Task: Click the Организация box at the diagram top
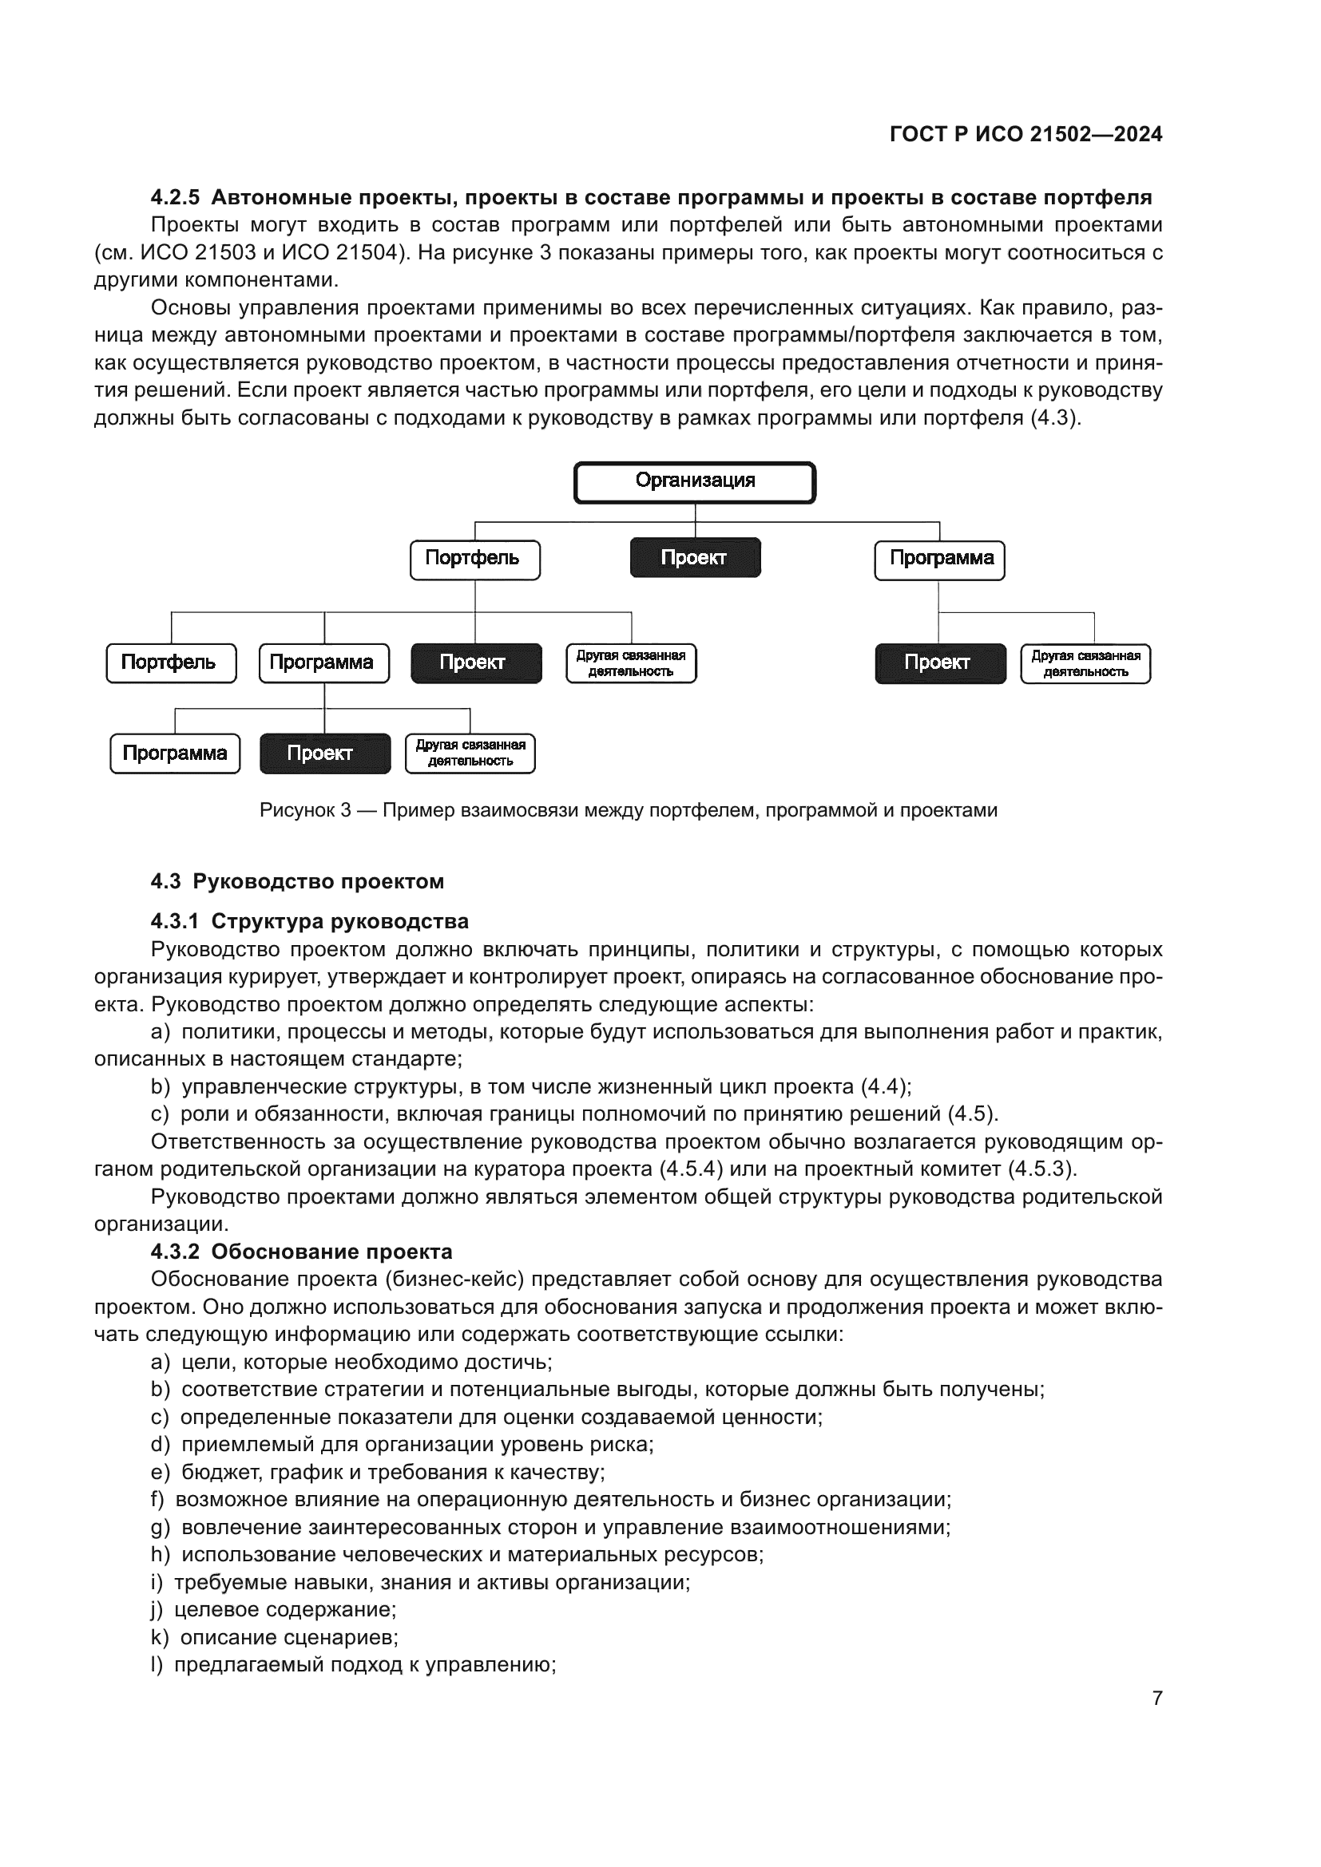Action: (x=695, y=482)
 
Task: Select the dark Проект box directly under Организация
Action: (x=695, y=558)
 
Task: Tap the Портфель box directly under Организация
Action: (x=474, y=560)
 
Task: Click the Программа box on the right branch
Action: (x=939, y=560)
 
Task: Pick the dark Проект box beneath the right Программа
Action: (x=939, y=663)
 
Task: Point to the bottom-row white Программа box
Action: (x=175, y=753)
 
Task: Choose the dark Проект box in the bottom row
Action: (x=324, y=753)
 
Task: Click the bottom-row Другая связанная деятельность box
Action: (x=470, y=753)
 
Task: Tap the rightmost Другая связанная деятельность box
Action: (x=1085, y=663)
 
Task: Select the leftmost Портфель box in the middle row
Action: (x=171, y=663)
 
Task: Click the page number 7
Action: (x=1156, y=1698)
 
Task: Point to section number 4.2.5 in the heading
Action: (x=175, y=198)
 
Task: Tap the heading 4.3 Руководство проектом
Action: (x=298, y=881)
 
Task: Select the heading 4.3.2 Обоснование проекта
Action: (x=301, y=1252)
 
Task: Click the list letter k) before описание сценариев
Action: (x=160, y=1637)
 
